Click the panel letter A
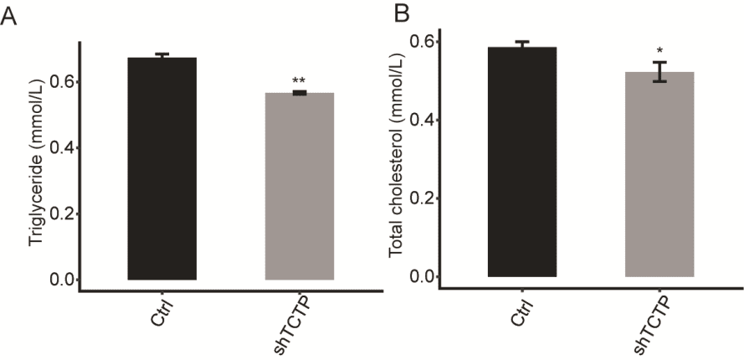point(9,16)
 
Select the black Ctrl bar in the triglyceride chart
point(162,168)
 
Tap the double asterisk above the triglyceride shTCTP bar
point(299,81)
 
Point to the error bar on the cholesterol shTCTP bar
point(659,72)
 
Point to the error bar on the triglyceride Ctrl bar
point(162,56)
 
